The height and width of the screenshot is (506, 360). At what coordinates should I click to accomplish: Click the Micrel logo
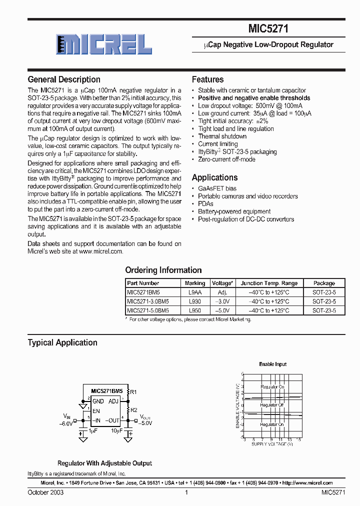pos(104,44)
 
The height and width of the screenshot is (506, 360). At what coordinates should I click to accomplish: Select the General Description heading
pos(64,79)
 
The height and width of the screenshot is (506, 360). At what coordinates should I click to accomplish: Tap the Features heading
pos(207,79)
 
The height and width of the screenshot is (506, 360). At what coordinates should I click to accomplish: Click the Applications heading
pos(214,177)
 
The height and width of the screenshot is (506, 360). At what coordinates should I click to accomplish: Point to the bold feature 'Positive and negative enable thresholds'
pos(254,98)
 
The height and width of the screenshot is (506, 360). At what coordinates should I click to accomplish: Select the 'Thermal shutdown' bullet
pos(222,136)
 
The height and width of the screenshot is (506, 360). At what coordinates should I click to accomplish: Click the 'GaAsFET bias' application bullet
pos(217,188)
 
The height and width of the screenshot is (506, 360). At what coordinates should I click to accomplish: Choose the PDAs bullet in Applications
pos(205,203)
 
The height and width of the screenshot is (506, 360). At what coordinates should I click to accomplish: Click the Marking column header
pos(195,283)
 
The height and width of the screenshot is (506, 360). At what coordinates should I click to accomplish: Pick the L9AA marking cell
pos(195,292)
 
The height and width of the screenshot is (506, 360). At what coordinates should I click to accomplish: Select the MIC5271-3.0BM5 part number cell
pos(148,301)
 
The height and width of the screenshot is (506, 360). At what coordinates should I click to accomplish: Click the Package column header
pos(324,283)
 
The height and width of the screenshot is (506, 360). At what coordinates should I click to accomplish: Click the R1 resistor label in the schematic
pos(133,391)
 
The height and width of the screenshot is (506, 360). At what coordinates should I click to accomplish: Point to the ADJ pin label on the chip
pos(113,401)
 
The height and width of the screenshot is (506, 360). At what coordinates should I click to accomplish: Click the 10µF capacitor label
pos(116,430)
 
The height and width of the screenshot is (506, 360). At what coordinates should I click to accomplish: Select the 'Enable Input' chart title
pos(272,364)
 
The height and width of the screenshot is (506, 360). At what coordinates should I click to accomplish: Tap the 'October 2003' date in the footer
pos(45,492)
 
